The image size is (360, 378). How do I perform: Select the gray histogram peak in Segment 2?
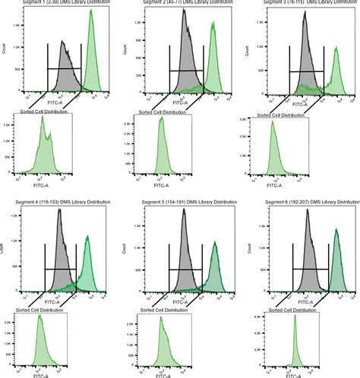[x=185, y=18]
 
